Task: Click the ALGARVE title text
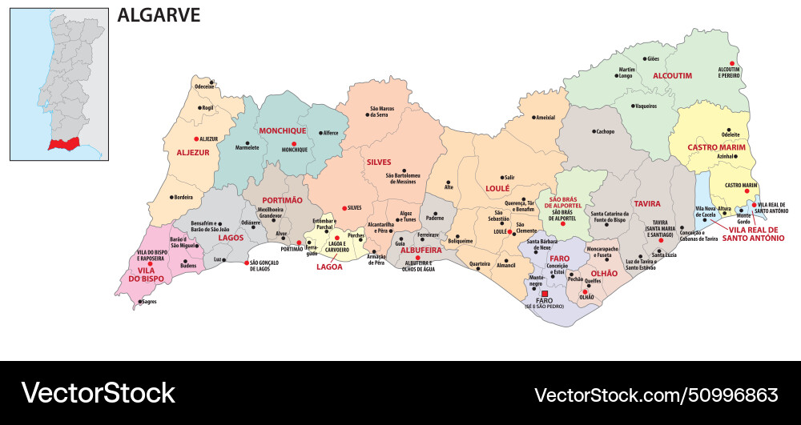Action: click(159, 15)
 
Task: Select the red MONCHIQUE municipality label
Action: click(282, 130)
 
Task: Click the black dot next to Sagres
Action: click(139, 302)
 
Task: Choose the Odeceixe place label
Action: click(204, 86)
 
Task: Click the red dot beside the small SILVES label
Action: click(344, 207)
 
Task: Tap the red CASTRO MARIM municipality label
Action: click(716, 148)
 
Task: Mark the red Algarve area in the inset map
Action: click(66, 144)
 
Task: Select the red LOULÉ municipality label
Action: click(497, 189)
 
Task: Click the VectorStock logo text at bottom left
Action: click(98, 393)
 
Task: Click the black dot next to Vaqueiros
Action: click(632, 106)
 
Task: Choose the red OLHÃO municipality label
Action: click(604, 274)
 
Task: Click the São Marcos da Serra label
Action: click(388, 111)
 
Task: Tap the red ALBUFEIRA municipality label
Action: click(421, 250)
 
